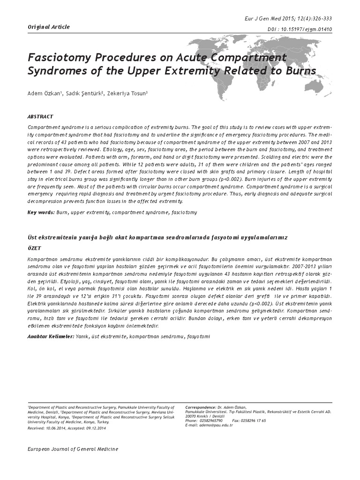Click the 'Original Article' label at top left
(49, 27)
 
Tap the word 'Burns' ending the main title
(299, 72)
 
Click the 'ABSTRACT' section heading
(40, 117)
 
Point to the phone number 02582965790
(210, 420)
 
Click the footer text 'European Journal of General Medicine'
(74, 449)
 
